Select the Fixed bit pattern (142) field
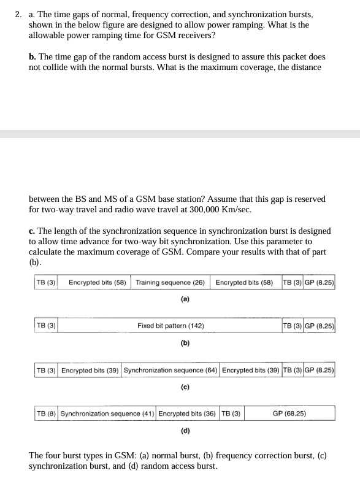170,326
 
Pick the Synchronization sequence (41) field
107,414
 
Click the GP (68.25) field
289,414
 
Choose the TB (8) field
46,414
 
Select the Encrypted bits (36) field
187,414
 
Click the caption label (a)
185,299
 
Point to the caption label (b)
185,343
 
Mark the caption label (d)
185,430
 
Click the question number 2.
18,13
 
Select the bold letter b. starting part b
33,56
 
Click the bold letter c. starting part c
33,231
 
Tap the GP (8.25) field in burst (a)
319,283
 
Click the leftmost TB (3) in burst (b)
46,326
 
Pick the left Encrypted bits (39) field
90,370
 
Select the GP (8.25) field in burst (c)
319,370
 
